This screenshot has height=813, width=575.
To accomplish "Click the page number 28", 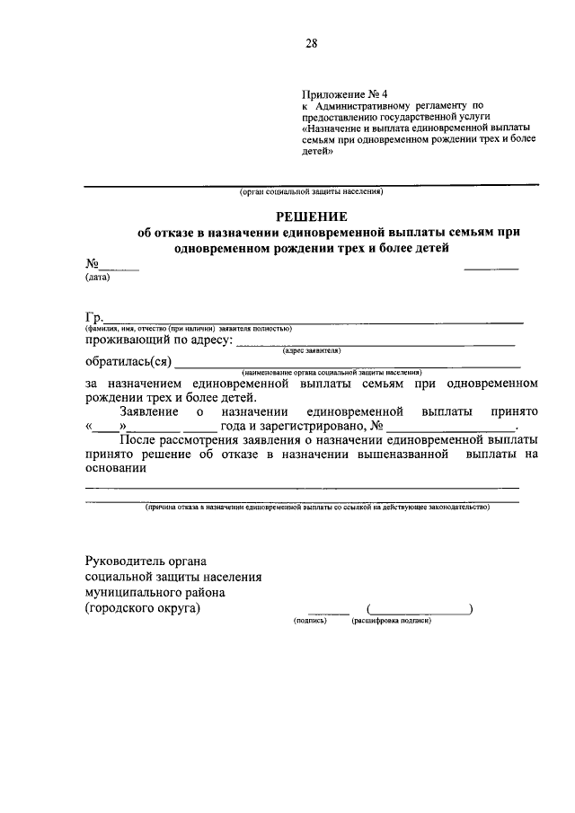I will (x=311, y=43).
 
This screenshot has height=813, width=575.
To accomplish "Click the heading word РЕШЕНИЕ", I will (x=311, y=216).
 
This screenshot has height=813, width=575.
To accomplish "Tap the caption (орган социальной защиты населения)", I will (x=311, y=192).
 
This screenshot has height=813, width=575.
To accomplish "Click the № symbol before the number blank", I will (x=92, y=264).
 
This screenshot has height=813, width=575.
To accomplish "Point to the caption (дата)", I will (x=97, y=278).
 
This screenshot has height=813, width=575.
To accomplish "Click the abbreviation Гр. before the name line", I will (x=94, y=316).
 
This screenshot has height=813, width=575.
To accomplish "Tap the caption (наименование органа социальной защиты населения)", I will (x=332, y=372).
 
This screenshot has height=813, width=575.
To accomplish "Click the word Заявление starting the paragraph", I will (x=149, y=411).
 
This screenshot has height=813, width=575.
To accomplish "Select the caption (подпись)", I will (x=310, y=621).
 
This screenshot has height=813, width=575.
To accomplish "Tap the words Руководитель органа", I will (x=140, y=561).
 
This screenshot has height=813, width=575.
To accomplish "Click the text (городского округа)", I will (x=143, y=607).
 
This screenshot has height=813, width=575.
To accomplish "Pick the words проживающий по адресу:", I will (x=159, y=340).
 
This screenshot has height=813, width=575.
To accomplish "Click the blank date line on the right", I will (x=491, y=266).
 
